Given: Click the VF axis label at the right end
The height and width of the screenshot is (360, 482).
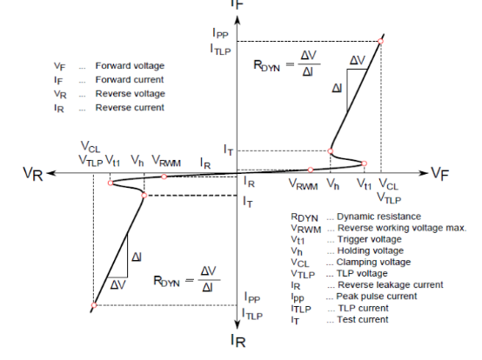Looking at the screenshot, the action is coord(440,174).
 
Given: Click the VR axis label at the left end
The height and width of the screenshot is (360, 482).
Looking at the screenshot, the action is coord(33,174).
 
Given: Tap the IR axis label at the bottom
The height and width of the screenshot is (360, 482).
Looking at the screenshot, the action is coord(238,340).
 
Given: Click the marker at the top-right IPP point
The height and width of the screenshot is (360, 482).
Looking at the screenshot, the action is coord(380,41).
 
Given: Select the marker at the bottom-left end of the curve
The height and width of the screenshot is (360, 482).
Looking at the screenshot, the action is coord(94,305).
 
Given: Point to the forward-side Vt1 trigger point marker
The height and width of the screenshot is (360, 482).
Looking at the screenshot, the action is coord(365,163).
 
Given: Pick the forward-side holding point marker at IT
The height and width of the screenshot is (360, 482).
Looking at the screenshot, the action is coord(330,150).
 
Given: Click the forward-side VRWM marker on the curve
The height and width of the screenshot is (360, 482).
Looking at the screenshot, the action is coord(311,170).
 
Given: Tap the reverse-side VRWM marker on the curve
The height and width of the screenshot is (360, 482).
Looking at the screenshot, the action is coord(164,177).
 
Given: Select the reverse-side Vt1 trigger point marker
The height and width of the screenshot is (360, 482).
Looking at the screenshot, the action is coord(110,183).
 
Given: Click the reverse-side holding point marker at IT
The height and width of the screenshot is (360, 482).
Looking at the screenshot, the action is coord(144,196).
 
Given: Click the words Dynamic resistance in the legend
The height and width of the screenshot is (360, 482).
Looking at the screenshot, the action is coord(378,217).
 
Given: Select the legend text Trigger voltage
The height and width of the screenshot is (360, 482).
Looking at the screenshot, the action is coord(370,239).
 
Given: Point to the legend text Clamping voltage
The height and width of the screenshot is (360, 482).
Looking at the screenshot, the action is coord(373,262).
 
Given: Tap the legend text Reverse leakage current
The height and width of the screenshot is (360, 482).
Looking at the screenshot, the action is coord(391,284).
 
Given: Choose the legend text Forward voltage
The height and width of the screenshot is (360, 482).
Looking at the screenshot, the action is coord(130,66).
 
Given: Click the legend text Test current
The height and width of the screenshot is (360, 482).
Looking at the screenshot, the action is coord(363,319).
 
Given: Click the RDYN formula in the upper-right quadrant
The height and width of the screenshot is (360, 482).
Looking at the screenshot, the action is coord(287,63).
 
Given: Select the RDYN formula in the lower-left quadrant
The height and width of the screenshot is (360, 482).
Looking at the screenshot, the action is coord(187,279).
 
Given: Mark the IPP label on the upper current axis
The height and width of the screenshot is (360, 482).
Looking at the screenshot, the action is coord(220,33).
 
